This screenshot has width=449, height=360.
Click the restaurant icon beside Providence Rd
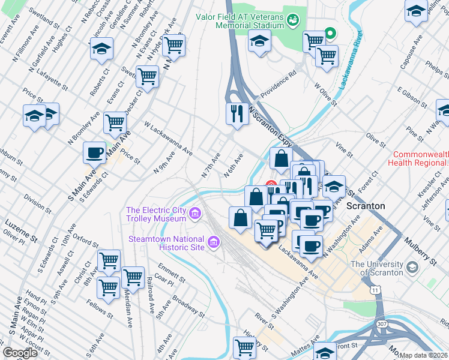coord(237,112)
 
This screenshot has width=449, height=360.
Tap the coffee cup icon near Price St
coord(95,152)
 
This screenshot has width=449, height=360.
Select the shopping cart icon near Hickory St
coord(244,347)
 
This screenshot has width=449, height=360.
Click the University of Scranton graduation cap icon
coord(412,267)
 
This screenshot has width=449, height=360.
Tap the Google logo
coord(20,353)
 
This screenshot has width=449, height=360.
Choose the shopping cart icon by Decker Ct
coord(147,76)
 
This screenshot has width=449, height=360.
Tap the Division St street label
coord(38,203)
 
